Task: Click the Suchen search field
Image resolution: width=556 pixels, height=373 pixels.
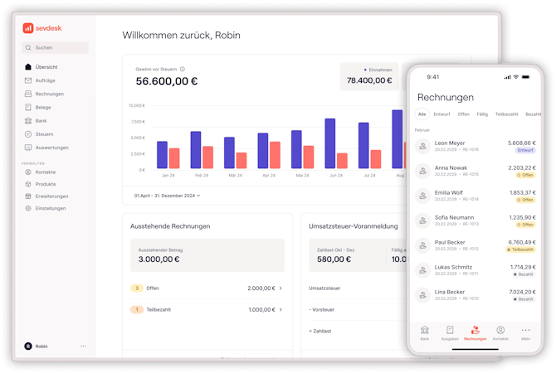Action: tap(55, 47)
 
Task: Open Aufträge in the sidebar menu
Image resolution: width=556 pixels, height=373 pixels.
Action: tap(46, 80)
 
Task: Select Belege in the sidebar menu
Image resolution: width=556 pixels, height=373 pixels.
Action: tap(43, 107)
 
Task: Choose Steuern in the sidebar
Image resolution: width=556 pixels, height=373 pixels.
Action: tap(45, 133)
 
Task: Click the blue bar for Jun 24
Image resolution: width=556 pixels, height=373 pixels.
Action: tap(329, 144)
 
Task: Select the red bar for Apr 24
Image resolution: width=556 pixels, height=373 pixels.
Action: tap(275, 156)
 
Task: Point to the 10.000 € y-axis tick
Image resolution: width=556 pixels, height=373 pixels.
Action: tap(137, 106)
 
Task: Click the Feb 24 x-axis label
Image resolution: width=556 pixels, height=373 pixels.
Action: tap(202, 176)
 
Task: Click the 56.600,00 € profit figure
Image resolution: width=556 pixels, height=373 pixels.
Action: tap(167, 81)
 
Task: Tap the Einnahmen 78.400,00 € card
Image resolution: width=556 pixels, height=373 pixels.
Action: tap(369, 76)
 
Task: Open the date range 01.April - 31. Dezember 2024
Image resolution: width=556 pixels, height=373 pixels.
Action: tap(167, 196)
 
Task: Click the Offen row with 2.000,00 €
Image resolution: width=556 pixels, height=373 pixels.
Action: tap(207, 288)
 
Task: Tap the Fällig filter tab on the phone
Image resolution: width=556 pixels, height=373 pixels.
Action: tap(482, 114)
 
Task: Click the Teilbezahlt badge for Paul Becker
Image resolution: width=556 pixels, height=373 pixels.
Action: tap(522, 249)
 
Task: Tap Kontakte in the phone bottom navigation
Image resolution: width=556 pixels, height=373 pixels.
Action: tap(500, 332)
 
